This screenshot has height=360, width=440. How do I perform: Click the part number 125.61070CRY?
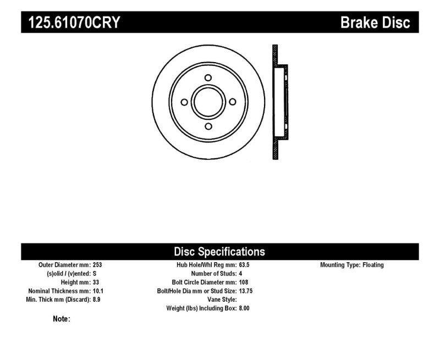point(71,23)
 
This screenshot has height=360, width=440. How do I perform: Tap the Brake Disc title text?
point(376,23)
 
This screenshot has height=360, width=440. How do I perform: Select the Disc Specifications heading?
point(219,252)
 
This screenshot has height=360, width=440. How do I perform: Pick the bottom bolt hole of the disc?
point(208,126)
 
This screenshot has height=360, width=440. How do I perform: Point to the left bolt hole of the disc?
point(184,102)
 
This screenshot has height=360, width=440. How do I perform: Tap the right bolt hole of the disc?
point(232,102)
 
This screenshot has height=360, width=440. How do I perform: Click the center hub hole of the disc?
point(208,102)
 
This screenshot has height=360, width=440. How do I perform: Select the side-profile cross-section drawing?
point(279,102)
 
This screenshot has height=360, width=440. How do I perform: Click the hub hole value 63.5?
point(245,265)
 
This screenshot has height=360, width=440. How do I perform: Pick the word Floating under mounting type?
point(373,265)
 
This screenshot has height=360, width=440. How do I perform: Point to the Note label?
point(61,319)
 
